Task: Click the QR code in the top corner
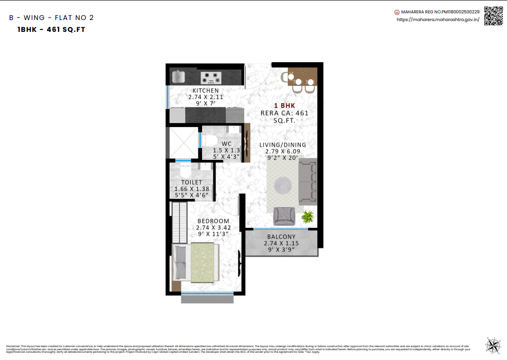(494, 15)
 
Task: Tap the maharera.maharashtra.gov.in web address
(438, 20)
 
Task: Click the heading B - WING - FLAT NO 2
(51, 17)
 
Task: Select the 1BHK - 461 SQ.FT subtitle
(51, 30)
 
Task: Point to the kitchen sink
(178, 77)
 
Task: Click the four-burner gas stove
(211, 78)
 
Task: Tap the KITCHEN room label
(206, 91)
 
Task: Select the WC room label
(227, 144)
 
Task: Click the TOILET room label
(191, 183)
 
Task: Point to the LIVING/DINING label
(282, 145)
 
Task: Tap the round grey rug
(283, 186)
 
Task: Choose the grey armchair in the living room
(284, 215)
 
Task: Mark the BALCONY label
(281, 237)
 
